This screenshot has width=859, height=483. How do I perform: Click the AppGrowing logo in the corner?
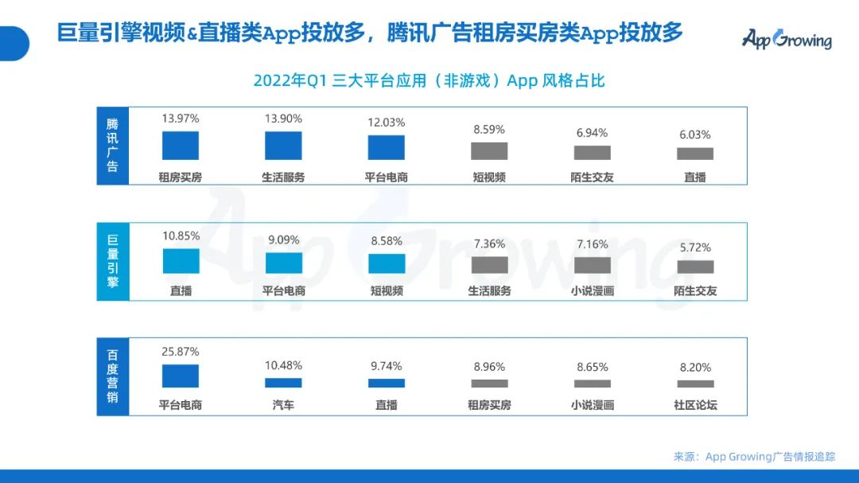tap(787, 38)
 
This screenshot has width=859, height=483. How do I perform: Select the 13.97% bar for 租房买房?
tap(181, 146)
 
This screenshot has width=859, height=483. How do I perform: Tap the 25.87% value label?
tap(181, 352)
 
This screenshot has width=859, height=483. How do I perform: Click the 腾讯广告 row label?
tap(112, 146)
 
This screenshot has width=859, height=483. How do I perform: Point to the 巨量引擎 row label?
tap(112, 260)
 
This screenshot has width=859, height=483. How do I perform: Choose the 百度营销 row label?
tap(112, 376)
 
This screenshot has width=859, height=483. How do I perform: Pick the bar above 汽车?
tap(283, 383)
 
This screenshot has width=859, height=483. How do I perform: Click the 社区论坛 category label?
tap(695, 405)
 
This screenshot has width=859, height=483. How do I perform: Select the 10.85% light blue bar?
tap(181, 261)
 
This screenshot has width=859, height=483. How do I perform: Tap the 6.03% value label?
tap(695, 135)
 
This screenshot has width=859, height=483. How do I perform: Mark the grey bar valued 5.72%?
tap(695, 267)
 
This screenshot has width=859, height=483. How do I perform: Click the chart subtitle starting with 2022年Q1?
tap(429, 80)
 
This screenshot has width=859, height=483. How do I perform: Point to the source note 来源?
tap(755, 457)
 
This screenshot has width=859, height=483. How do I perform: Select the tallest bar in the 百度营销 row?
tap(181, 376)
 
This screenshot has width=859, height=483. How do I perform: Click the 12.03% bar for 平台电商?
tap(387, 148)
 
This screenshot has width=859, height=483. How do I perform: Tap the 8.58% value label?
tap(387, 241)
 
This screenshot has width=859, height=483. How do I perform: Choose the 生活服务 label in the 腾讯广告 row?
tap(283, 177)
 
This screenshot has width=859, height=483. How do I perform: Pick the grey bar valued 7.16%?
tap(593, 265)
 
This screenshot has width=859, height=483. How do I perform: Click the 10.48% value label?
tap(283, 365)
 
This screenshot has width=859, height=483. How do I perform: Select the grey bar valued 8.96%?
tap(489, 383)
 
